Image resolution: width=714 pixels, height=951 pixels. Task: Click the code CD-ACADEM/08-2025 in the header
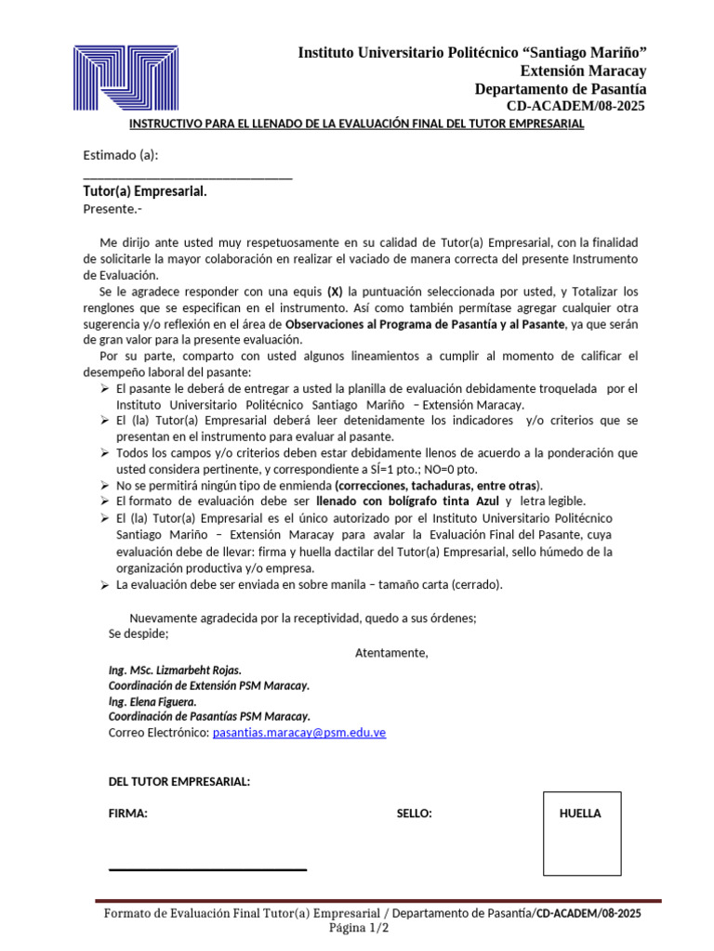[x=576, y=106]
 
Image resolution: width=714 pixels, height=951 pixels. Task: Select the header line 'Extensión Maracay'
[x=583, y=71]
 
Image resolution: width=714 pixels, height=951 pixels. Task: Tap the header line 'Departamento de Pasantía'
[x=561, y=89]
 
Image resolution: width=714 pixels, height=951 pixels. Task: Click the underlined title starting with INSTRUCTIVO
[x=356, y=124]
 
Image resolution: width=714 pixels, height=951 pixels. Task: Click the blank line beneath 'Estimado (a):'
[x=188, y=176]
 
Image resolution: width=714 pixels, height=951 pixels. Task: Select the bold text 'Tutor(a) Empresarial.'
[x=145, y=191]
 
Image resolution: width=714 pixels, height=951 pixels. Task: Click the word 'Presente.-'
[x=112, y=209]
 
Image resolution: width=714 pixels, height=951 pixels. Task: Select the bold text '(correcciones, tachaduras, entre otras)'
[x=438, y=485]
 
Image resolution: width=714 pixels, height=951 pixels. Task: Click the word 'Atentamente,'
[x=391, y=653]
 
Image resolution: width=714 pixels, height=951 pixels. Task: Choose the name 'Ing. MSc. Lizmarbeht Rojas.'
[x=175, y=670]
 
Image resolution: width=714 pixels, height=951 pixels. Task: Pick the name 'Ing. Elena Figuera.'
[x=152, y=701]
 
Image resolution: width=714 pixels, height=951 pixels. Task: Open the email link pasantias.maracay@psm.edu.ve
[x=299, y=733]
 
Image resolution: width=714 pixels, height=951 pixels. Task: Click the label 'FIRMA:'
[x=128, y=814]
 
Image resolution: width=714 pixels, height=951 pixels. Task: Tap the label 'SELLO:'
[x=414, y=814]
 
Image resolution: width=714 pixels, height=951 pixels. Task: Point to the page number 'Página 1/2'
[x=359, y=928]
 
